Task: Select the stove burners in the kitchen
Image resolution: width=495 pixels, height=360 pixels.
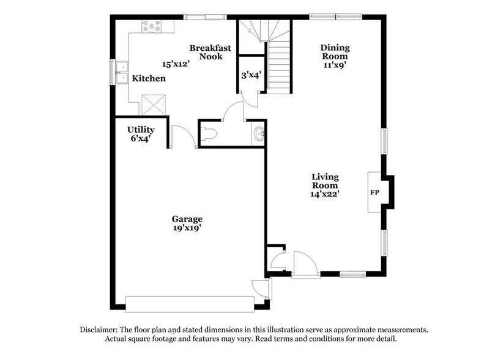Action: point(150,26)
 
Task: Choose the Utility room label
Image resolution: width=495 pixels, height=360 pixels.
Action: point(141,130)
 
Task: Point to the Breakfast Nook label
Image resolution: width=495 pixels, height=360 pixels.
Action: point(205,52)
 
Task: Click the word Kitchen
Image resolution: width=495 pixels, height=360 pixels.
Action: point(149,79)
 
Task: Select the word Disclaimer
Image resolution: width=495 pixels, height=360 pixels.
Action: point(102,329)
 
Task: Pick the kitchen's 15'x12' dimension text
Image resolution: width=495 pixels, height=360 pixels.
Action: point(175,63)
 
